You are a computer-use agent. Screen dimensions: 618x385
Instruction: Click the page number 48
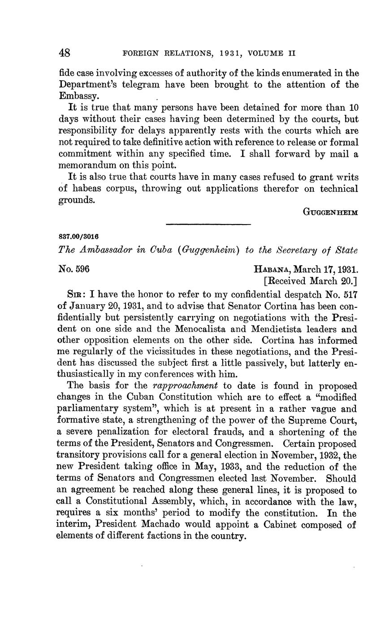65,53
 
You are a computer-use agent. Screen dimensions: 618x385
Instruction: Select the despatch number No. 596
74,269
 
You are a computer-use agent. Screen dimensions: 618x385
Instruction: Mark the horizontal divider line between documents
208,224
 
